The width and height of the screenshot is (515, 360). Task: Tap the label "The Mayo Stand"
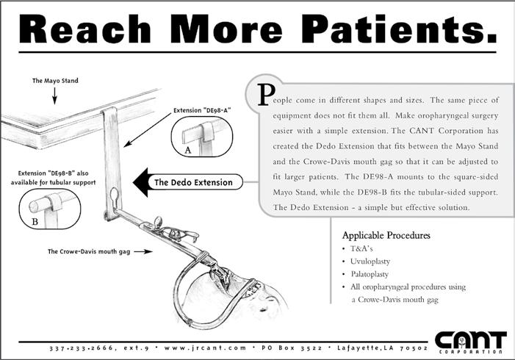pos(55,80)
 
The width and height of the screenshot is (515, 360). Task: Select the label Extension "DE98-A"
pos(202,109)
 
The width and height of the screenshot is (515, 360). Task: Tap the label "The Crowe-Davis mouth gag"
pos(89,251)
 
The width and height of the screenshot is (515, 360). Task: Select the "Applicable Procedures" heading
pos(386,236)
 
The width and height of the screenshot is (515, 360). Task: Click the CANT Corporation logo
pos(469,342)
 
